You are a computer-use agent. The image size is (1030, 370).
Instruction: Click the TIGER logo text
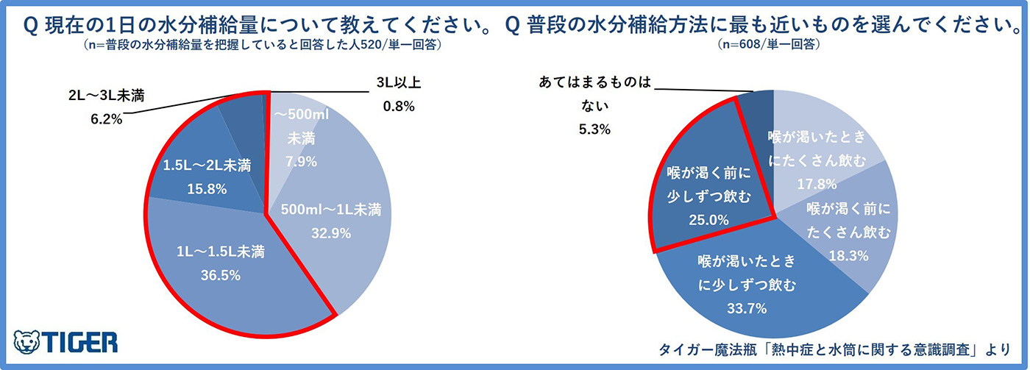(x=80, y=343)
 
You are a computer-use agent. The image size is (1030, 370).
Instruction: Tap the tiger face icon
(x=29, y=342)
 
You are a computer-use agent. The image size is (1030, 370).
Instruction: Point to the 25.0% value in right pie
(x=708, y=218)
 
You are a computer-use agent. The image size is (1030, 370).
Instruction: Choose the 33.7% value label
(x=748, y=308)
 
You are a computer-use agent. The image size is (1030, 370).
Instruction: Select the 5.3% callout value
(x=595, y=129)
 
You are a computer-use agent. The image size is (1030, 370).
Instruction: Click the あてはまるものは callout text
(x=595, y=83)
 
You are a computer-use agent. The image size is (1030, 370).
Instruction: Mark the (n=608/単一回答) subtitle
(x=769, y=45)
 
